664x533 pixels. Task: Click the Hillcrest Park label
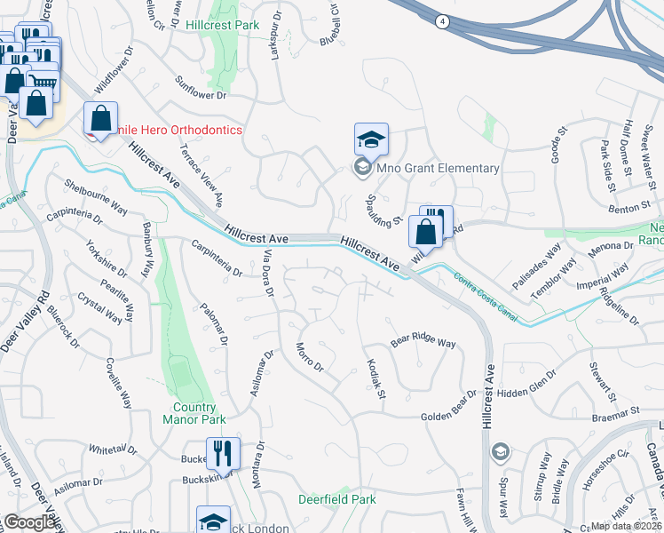click(x=223, y=25)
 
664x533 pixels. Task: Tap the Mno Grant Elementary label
click(x=439, y=168)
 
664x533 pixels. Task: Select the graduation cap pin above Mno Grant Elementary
click(x=371, y=139)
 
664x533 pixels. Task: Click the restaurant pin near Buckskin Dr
click(x=223, y=453)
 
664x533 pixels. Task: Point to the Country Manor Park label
click(x=194, y=413)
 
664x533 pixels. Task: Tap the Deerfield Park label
click(x=336, y=499)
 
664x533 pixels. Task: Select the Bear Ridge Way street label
click(x=423, y=342)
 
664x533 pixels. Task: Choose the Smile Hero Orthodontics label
click(x=172, y=130)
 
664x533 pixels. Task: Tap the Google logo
click(x=30, y=522)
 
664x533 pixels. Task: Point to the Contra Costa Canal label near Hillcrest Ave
click(x=486, y=284)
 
